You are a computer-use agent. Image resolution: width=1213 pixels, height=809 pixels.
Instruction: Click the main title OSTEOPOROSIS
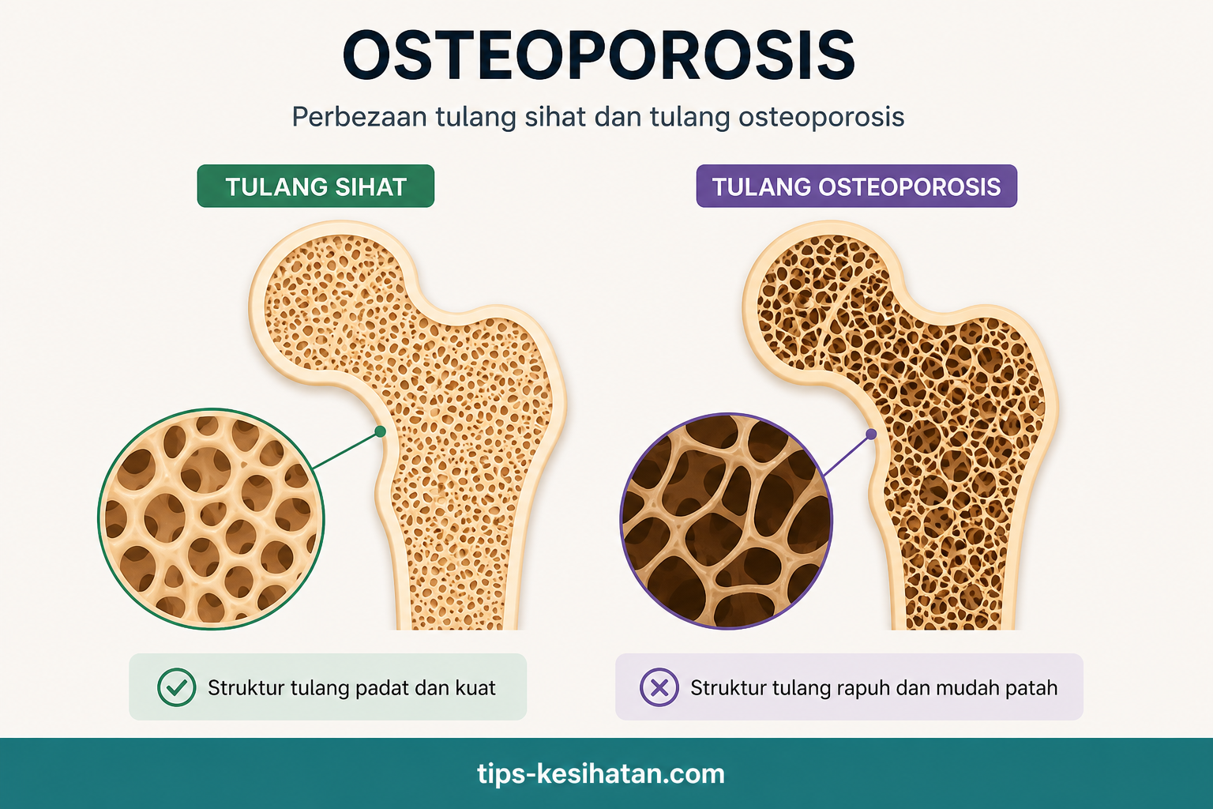pyautogui.click(x=599, y=55)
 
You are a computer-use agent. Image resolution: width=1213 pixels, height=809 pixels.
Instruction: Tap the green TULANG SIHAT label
pyautogui.click(x=316, y=186)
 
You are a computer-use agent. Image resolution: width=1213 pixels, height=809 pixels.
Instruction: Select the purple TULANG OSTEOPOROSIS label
pyautogui.click(x=857, y=186)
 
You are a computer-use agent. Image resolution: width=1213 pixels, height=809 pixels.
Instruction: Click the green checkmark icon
pyautogui.click(x=177, y=687)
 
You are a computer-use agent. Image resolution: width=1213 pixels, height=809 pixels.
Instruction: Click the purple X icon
pyautogui.click(x=659, y=687)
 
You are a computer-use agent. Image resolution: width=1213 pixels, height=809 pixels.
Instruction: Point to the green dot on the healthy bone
pyautogui.click(x=380, y=431)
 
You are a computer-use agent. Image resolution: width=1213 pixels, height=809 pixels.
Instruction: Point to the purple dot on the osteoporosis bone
pyautogui.click(x=871, y=434)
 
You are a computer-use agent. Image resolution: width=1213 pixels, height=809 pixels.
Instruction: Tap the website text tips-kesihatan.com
pyautogui.click(x=601, y=773)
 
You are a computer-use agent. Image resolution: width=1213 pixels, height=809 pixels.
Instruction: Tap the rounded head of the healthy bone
pyautogui.click(x=333, y=303)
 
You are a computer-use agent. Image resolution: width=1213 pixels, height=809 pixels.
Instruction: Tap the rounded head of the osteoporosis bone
pyautogui.click(x=826, y=303)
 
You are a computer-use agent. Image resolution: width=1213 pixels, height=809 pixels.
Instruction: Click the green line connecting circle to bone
pyautogui.click(x=347, y=450)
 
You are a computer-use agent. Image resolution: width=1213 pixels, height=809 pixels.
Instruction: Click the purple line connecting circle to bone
pyautogui.click(x=847, y=455)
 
